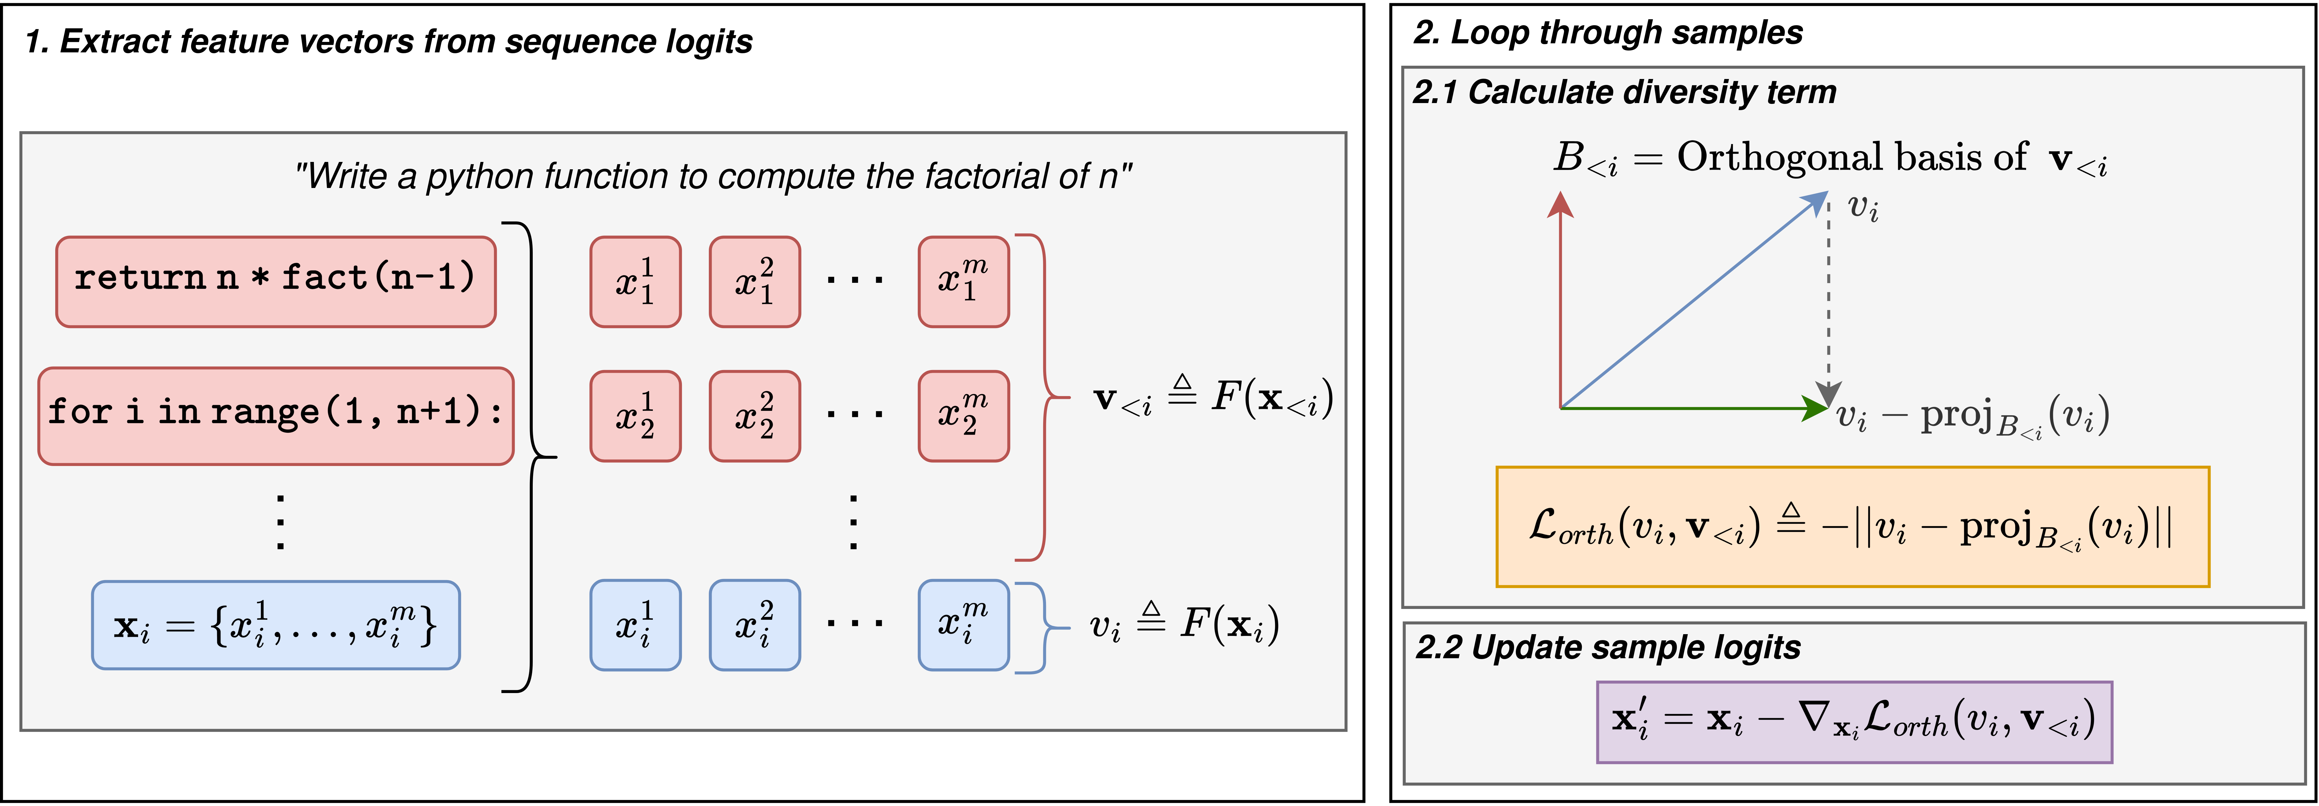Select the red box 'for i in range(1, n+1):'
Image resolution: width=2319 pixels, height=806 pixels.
click(275, 415)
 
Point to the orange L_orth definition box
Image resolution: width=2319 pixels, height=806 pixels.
click(1852, 527)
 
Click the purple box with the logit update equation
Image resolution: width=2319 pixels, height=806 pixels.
click(1854, 721)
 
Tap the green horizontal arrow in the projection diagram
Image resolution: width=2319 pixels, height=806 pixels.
click(1693, 408)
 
